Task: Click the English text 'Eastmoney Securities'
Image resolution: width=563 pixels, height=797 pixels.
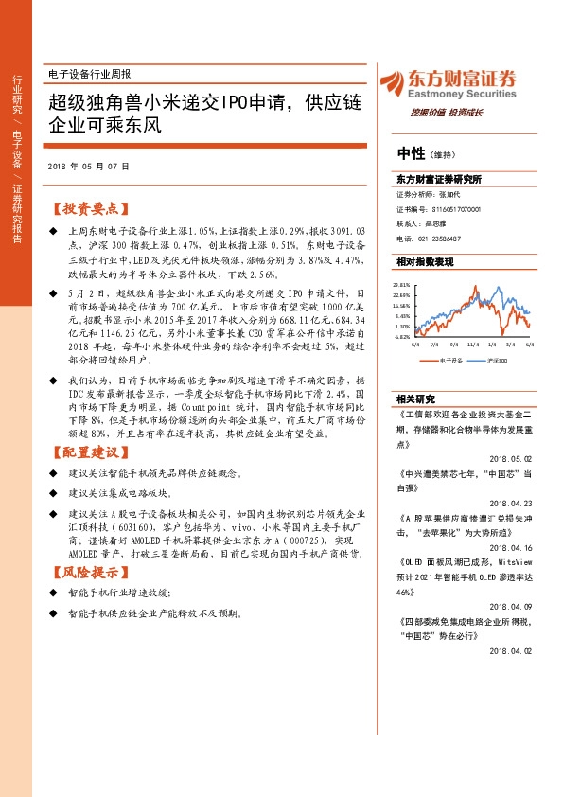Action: click(x=461, y=95)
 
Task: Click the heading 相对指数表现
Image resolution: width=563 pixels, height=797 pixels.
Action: click(x=425, y=261)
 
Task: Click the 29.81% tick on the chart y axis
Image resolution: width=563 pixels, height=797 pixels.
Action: click(x=402, y=283)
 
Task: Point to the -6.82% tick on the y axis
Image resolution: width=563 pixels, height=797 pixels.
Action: click(x=402, y=336)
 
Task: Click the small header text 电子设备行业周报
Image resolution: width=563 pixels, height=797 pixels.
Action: click(x=89, y=73)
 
